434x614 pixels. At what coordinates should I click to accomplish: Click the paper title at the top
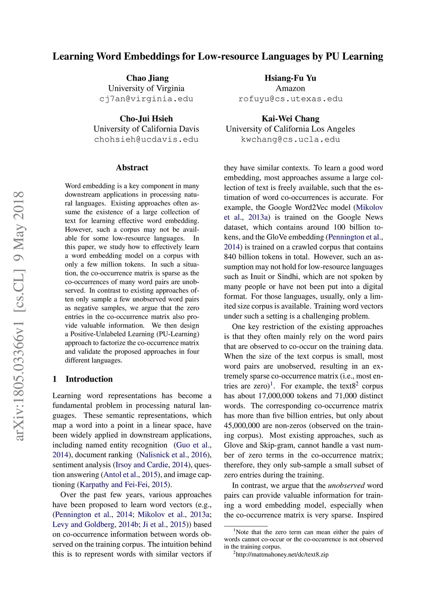[x=217, y=56]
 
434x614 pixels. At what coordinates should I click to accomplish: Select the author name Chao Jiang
[x=147, y=78]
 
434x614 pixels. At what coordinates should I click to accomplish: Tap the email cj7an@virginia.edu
[x=146, y=99]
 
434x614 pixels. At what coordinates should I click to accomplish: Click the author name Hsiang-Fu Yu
[x=290, y=78]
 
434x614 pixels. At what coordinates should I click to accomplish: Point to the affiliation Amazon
[x=290, y=88]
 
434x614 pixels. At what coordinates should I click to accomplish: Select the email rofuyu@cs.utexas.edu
[x=290, y=99]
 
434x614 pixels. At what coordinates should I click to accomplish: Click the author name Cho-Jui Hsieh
[x=146, y=119]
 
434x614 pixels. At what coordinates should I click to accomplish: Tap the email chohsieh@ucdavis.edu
[x=146, y=140]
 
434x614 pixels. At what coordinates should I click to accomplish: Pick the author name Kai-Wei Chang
[x=290, y=119]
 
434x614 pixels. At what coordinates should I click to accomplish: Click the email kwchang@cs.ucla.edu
[x=290, y=140]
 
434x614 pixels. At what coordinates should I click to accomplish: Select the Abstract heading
[x=132, y=167]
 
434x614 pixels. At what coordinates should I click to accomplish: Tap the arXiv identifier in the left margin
[x=19, y=316]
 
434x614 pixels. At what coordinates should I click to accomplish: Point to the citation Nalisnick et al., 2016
[x=173, y=455]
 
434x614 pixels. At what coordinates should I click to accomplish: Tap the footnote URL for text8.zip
[x=282, y=555]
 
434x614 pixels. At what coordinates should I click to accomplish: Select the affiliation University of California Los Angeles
[x=290, y=129]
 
